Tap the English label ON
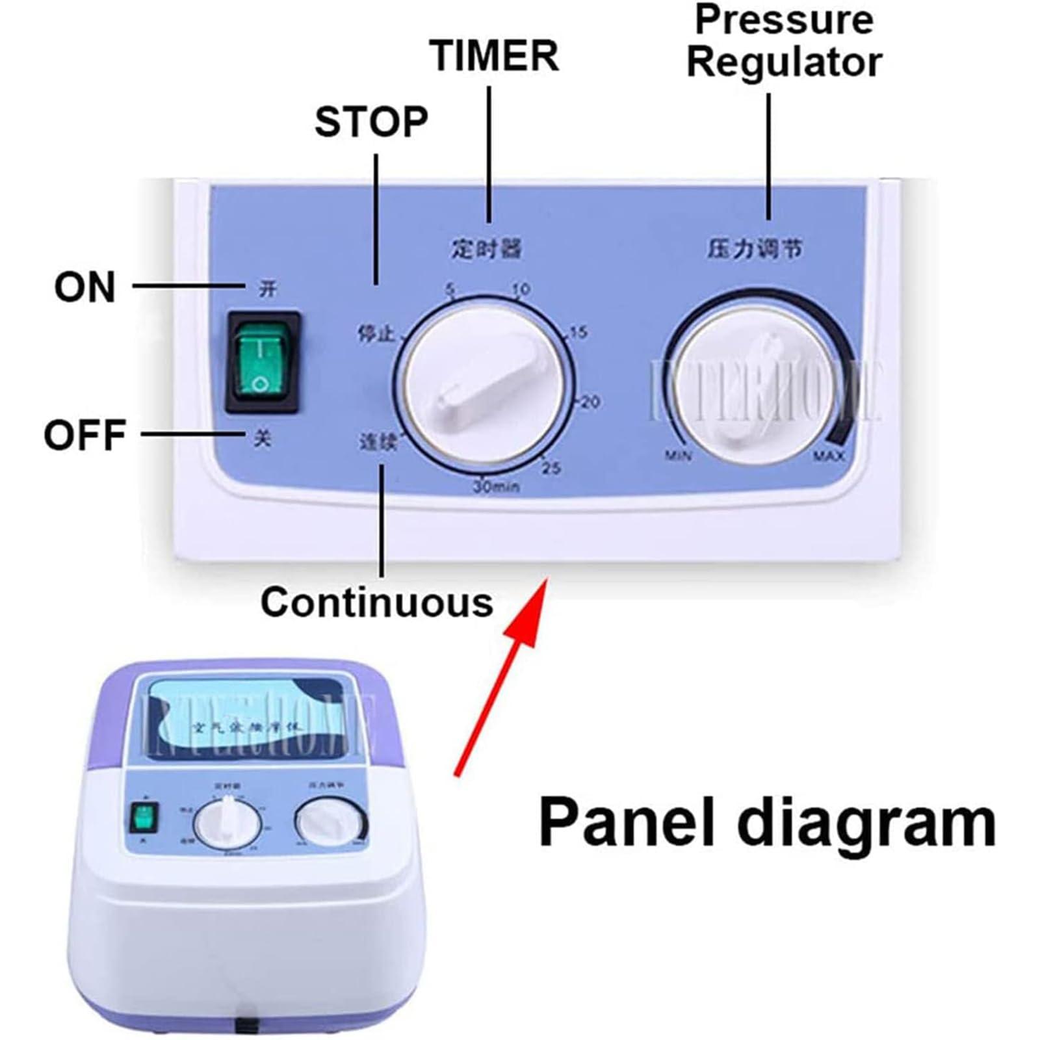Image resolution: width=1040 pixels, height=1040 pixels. [85, 287]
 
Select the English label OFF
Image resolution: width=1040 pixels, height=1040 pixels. [84, 434]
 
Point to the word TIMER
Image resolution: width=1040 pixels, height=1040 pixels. [494, 55]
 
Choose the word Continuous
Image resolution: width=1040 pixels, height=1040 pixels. [377, 602]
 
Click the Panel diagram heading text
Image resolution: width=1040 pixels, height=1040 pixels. [767, 822]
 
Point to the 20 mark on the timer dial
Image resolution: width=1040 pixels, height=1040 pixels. [590, 402]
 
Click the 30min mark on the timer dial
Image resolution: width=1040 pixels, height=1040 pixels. [496, 486]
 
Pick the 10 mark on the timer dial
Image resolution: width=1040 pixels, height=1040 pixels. [521, 289]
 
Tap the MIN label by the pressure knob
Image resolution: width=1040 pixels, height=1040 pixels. [678, 455]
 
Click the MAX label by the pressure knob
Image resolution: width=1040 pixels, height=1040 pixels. [829, 456]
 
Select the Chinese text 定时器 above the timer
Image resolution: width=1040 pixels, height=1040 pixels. [487, 248]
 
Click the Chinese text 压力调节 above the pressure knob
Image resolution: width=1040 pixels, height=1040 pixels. [755, 248]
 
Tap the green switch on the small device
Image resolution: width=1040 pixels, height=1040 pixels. [144, 819]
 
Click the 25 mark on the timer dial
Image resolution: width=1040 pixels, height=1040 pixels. [551, 467]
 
